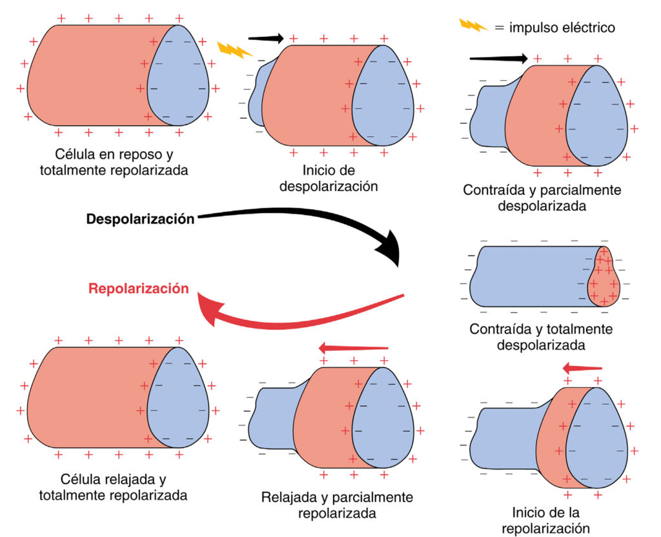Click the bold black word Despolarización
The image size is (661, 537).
(x=141, y=219)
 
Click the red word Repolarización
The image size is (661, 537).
(x=139, y=289)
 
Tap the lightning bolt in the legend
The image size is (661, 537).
(x=472, y=26)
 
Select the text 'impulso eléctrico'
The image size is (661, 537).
(x=562, y=27)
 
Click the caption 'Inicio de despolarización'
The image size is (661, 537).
(x=339, y=178)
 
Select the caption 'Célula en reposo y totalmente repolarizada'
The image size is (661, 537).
(x=114, y=163)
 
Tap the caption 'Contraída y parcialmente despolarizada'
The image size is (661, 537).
(x=542, y=198)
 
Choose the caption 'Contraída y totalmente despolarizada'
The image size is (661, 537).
(x=541, y=337)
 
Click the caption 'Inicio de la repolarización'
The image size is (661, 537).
(x=545, y=520)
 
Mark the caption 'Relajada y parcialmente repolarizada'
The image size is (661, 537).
(x=337, y=506)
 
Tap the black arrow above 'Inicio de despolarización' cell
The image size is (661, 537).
(x=265, y=38)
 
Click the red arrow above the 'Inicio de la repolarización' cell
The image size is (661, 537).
(x=582, y=369)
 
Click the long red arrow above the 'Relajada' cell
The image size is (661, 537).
(x=354, y=349)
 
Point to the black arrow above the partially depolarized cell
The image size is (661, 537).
(x=498, y=59)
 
